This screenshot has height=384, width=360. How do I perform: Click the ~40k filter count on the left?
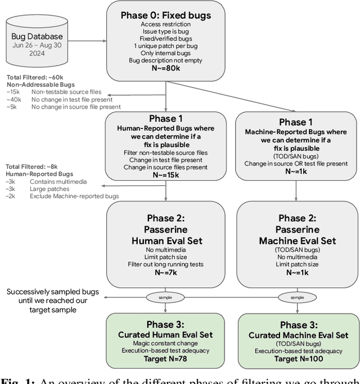click(15, 99)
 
